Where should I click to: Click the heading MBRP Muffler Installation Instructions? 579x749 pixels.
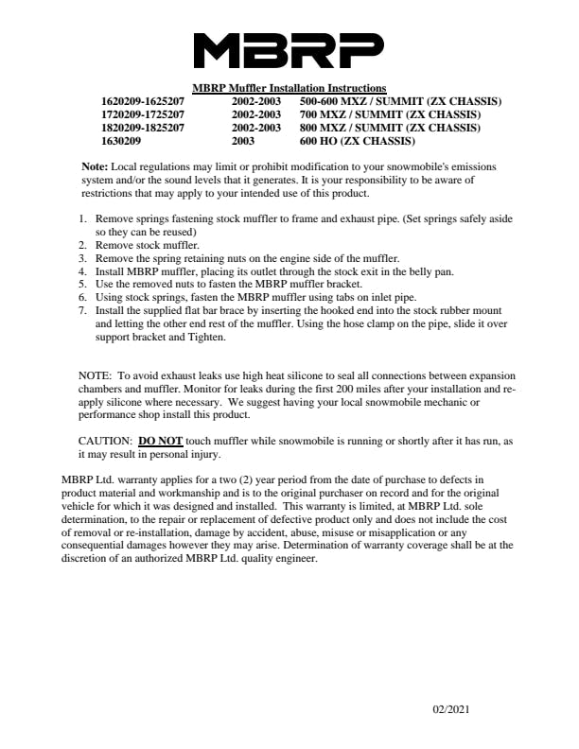pos(289,88)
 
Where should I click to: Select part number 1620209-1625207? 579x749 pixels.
pos(143,101)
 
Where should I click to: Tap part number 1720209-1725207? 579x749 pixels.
pos(143,114)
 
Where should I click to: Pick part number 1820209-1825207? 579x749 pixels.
pos(143,128)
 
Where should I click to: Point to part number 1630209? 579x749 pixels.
pos(122,141)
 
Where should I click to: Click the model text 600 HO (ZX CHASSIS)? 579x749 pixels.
pos(357,141)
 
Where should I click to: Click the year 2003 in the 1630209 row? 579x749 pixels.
pos(243,141)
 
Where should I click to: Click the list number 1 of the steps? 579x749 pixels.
pos(82,218)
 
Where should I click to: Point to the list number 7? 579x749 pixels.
pos(82,310)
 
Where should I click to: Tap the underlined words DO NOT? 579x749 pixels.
pos(160,441)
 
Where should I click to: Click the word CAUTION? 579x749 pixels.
pos(105,441)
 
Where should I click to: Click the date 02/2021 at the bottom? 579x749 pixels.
pos(451,709)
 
